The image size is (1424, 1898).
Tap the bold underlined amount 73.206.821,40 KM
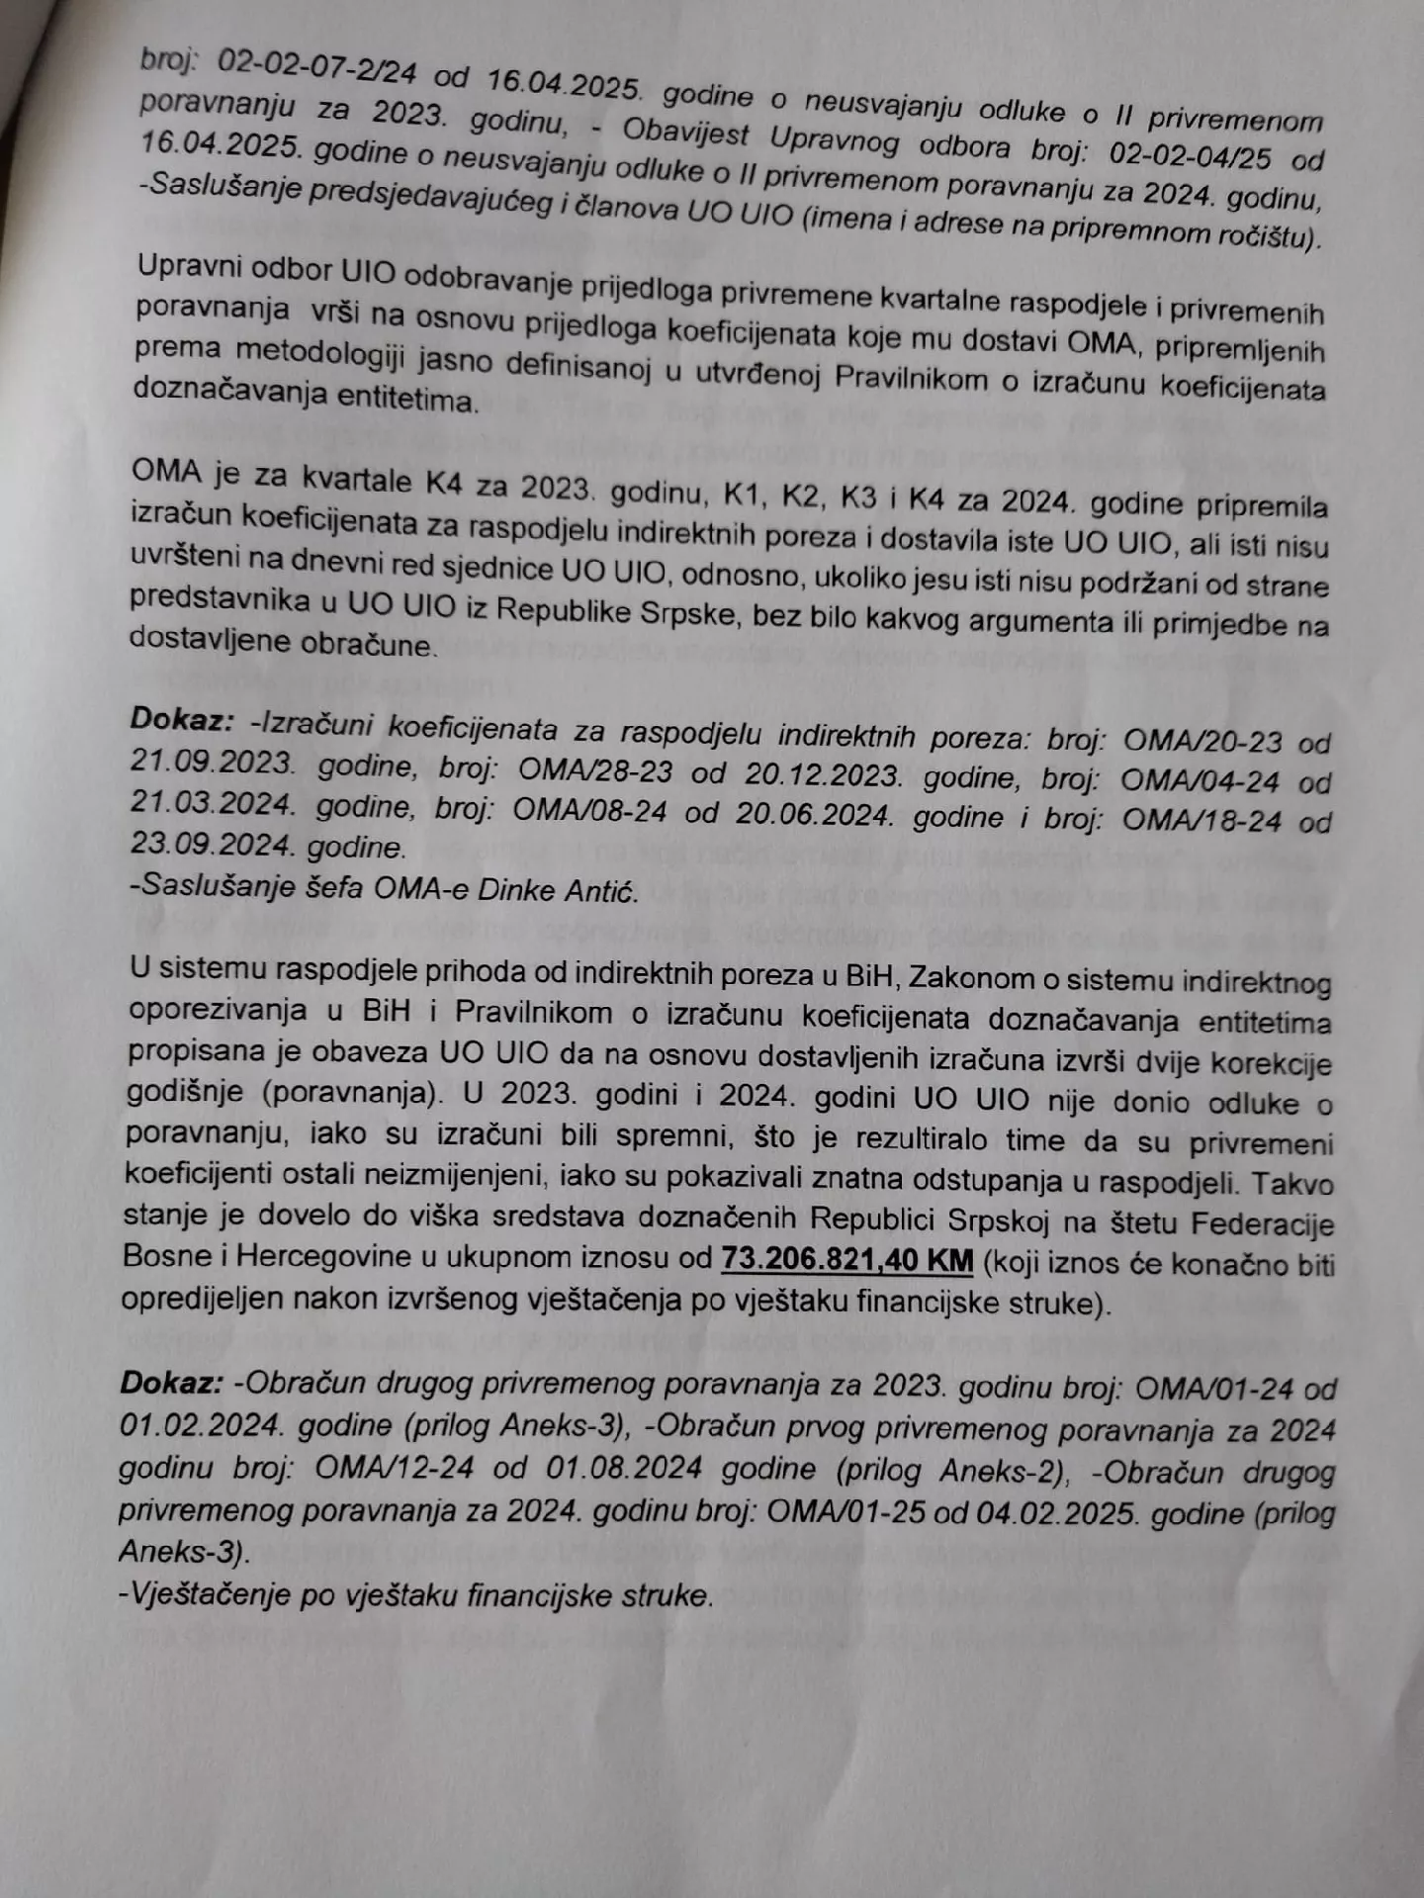point(847,1260)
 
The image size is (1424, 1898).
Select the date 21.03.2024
point(212,802)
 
